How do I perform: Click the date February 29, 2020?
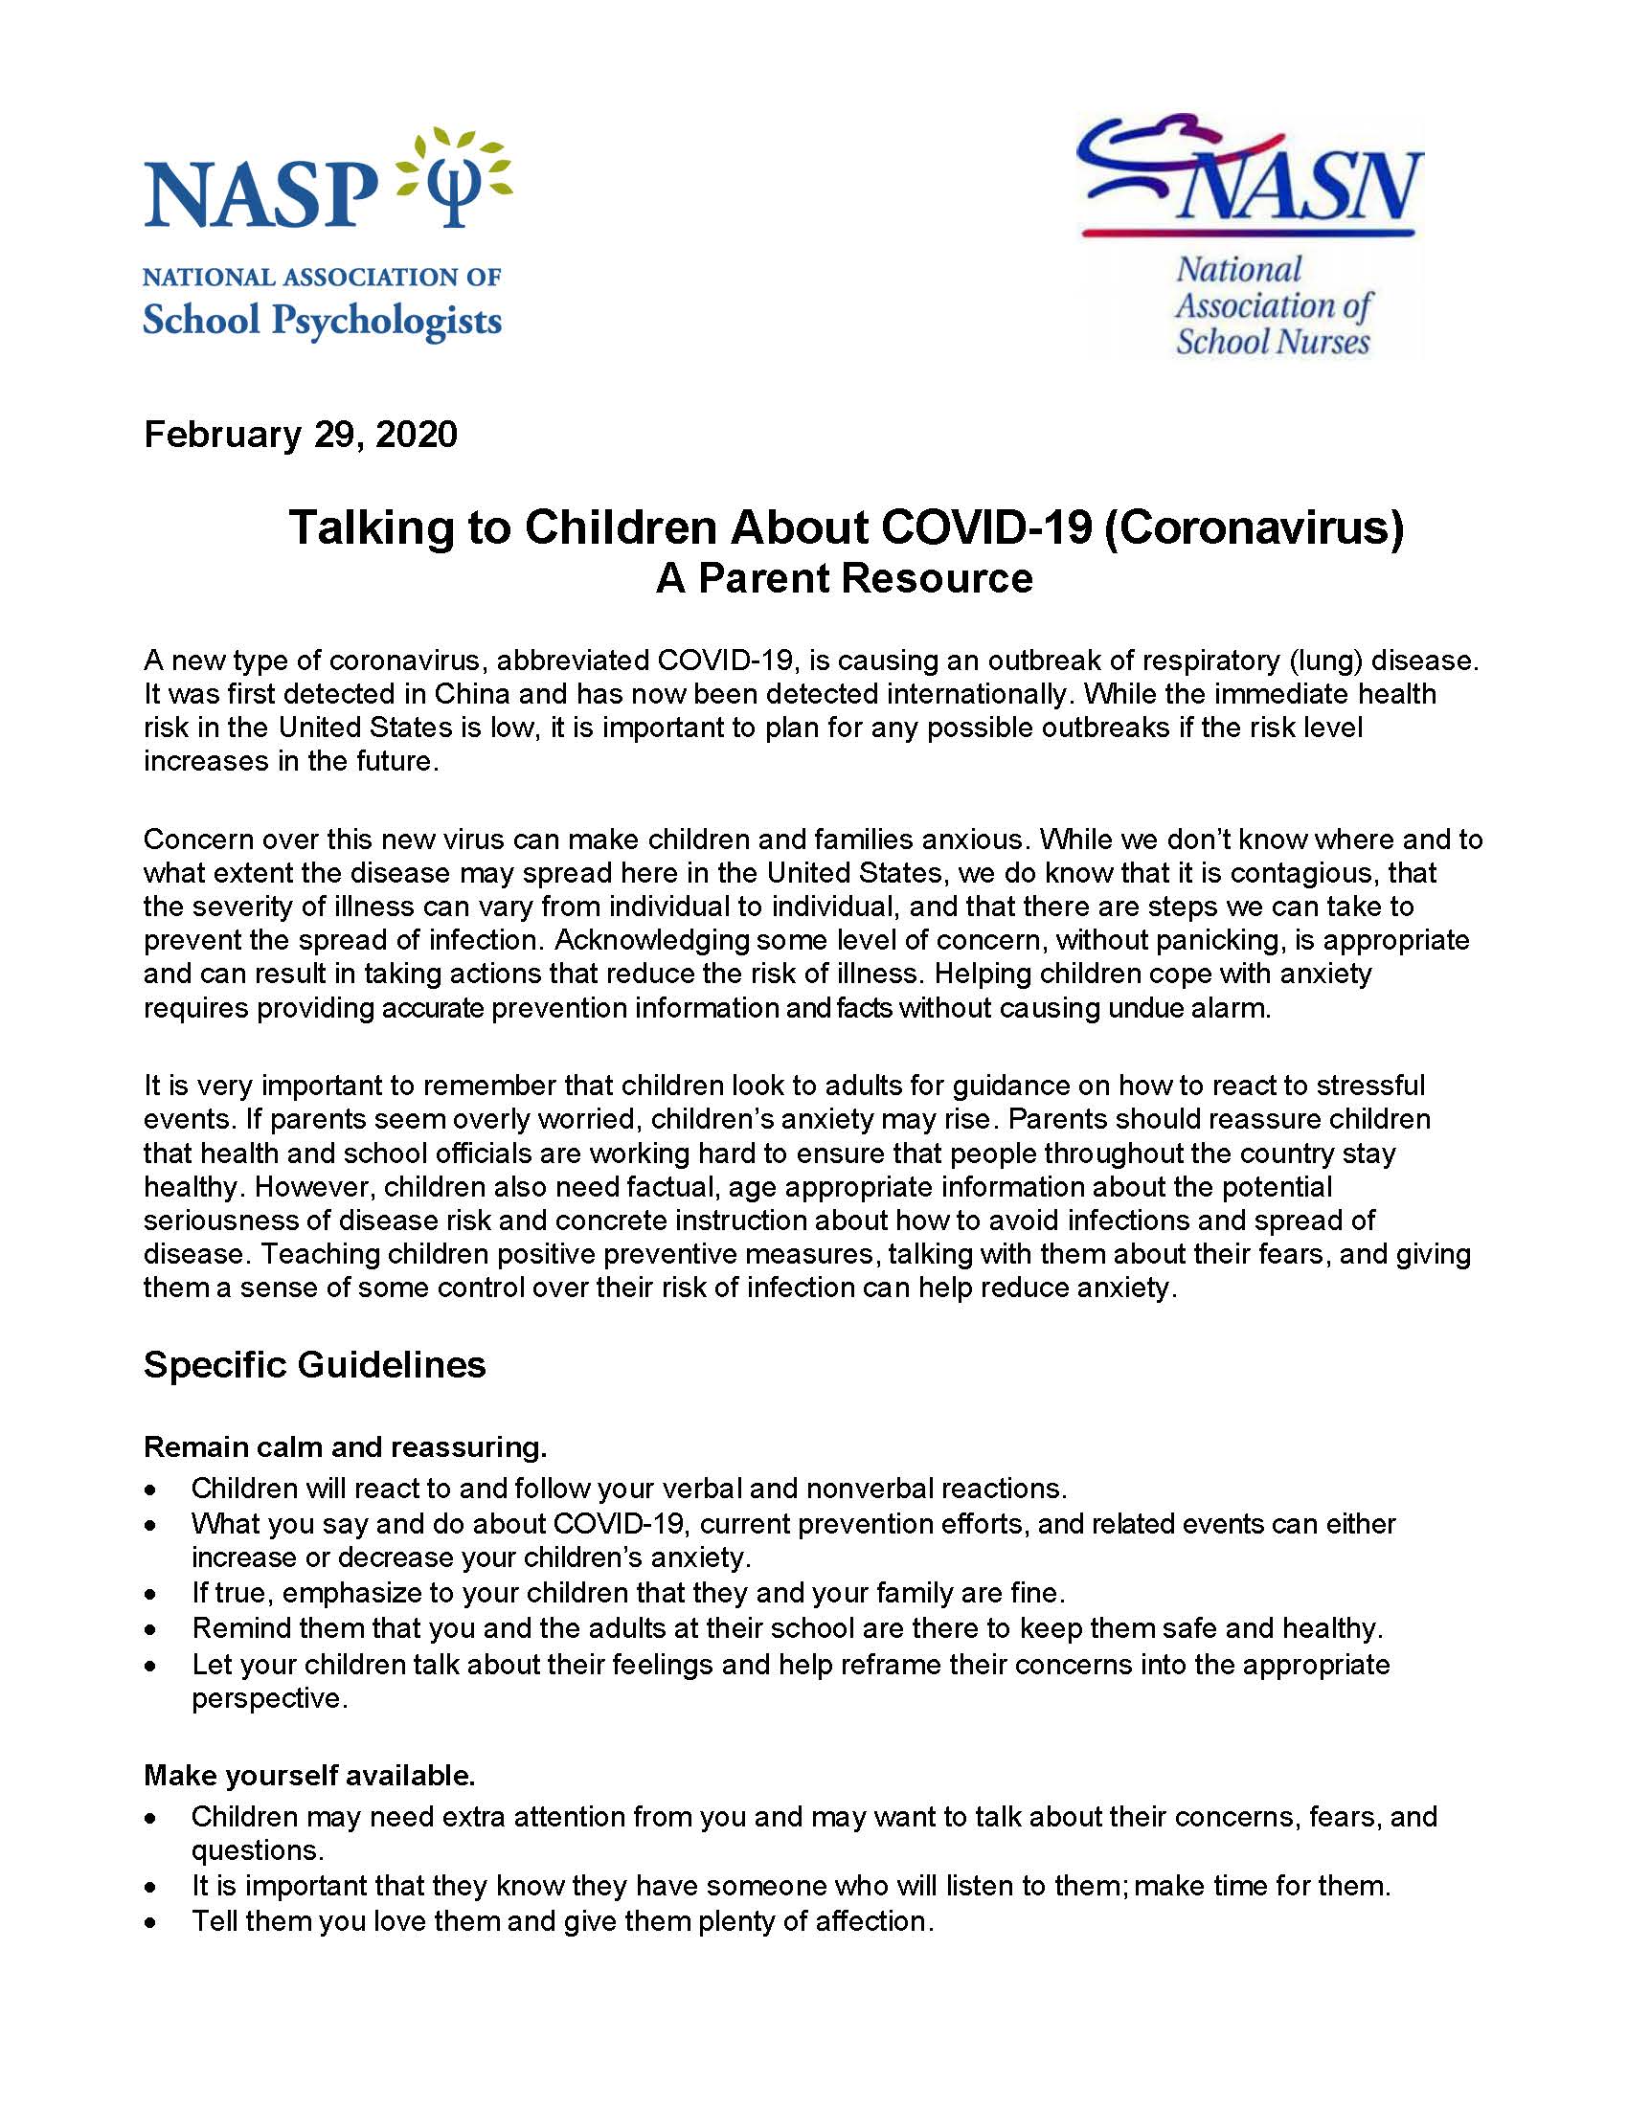[x=300, y=435]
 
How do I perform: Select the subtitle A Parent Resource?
[x=844, y=578]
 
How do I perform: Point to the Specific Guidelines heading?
[x=314, y=1364]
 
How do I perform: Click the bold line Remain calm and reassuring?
[x=346, y=1447]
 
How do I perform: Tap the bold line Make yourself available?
[x=309, y=1775]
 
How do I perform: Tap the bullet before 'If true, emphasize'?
[x=150, y=1594]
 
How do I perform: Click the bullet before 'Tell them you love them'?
[x=150, y=1922]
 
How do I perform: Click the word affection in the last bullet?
[x=873, y=1921]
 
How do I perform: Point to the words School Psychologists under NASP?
[x=322, y=321]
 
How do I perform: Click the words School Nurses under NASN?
[x=1272, y=343]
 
